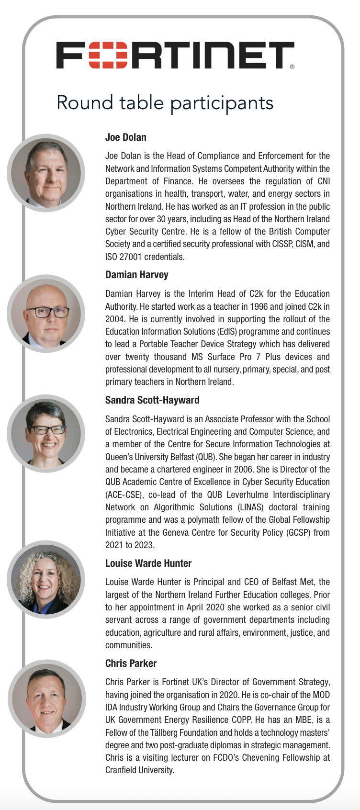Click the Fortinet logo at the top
click(x=175, y=55)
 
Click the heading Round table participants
click(x=165, y=103)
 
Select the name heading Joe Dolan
click(x=126, y=137)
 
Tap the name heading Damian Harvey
click(x=137, y=275)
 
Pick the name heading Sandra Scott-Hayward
click(x=152, y=400)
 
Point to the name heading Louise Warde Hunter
click(x=148, y=563)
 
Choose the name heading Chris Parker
click(x=131, y=664)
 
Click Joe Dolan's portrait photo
click(x=46, y=172)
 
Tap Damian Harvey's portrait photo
click(x=46, y=314)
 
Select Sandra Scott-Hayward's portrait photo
click(x=46, y=433)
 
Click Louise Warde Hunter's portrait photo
click(x=46, y=579)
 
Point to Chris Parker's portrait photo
click(x=47, y=698)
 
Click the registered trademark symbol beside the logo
click(x=292, y=67)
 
